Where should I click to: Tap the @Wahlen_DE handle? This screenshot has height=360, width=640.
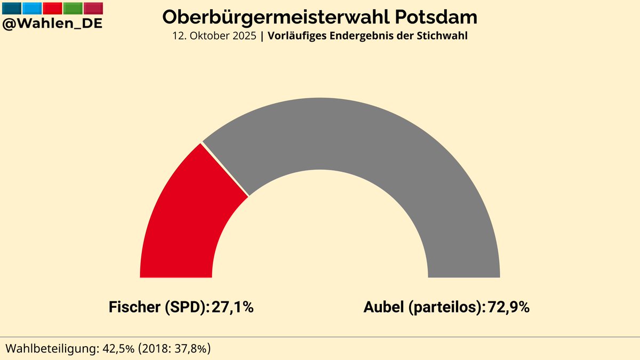[x=52, y=23]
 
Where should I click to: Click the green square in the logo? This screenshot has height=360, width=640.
[x=73, y=8]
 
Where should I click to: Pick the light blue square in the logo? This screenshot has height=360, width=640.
[x=32, y=8]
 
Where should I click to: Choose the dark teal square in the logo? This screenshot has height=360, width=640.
[x=12, y=8]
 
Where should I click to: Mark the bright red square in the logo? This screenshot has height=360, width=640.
[x=52, y=8]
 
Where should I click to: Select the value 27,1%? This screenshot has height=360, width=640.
[x=233, y=307]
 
